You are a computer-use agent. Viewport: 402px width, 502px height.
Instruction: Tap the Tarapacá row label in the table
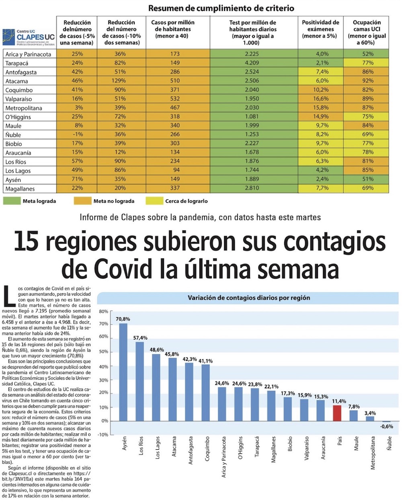click(17, 63)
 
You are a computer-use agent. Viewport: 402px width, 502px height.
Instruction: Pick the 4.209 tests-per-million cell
click(253, 63)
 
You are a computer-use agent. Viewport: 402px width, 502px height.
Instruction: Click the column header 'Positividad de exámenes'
click(320, 29)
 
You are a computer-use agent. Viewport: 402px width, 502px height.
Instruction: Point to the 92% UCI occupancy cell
click(367, 81)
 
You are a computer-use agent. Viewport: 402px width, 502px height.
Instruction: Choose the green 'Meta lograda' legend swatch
click(11, 201)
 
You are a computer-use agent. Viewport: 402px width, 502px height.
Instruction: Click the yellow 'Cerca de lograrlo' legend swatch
click(154, 201)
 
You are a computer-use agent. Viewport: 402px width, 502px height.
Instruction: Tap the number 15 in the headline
click(27, 242)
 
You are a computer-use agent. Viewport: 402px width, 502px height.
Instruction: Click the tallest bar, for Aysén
click(123, 372)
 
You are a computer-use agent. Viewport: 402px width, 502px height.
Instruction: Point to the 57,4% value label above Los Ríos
click(140, 338)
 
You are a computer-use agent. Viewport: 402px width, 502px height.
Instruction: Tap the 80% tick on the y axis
click(103, 312)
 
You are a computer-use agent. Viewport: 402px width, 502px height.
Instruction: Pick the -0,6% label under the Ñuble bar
click(387, 426)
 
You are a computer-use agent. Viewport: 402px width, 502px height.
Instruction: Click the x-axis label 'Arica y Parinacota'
click(224, 457)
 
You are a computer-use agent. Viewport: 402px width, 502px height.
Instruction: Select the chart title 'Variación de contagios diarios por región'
click(249, 298)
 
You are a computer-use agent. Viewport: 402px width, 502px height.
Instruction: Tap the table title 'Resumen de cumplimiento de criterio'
click(221, 8)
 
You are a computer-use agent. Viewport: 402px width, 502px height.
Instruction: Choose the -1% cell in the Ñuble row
click(77, 134)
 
